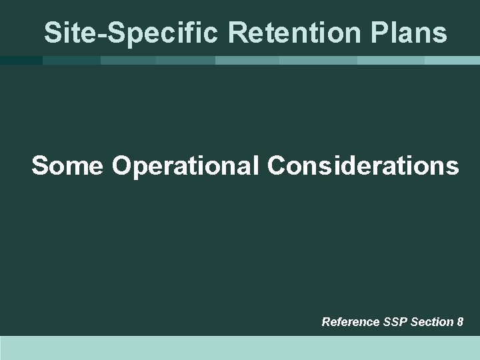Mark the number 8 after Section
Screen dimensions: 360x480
coord(460,322)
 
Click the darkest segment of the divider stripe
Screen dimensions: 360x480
coord(20,60)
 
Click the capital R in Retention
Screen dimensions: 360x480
coord(219,31)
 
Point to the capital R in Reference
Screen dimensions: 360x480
coord(326,322)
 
